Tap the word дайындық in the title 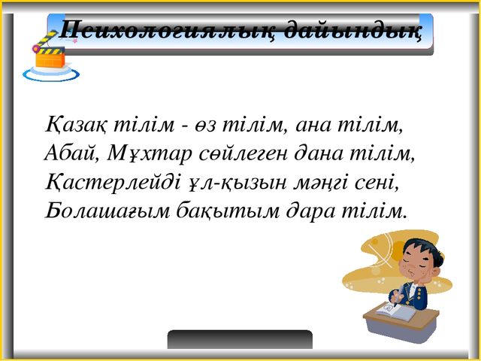pyautogui.click(x=352, y=30)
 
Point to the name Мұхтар pyautogui.click(x=150, y=154)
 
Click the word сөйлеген pyautogui.click(x=244, y=154)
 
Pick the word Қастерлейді pyautogui.click(x=112, y=183)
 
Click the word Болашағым pyautogui.click(x=107, y=211)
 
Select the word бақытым pyautogui.click(x=228, y=211)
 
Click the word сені pyautogui.click(x=377, y=183)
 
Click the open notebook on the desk pyautogui.click(x=396, y=311)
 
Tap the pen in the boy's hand pyautogui.click(x=397, y=296)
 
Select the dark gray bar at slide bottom pyautogui.click(x=240, y=339)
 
